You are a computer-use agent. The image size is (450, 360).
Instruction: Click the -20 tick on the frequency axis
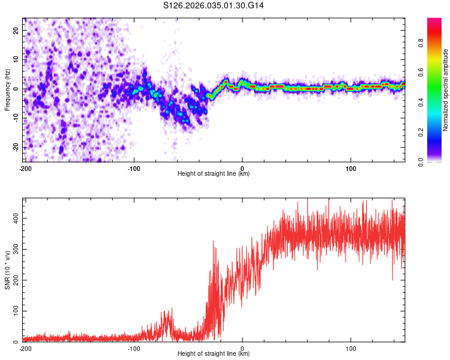click(x=16, y=147)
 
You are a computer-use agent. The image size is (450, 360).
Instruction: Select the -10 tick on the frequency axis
click(x=16, y=118)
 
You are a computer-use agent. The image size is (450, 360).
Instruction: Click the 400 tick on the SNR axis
click(x=14, y=218)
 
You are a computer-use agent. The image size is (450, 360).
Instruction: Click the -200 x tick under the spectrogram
click(x=25, y=167)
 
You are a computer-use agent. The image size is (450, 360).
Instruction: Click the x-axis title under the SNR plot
click(x=214, y=354)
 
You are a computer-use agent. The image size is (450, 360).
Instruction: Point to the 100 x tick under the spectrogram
click(x=350, y=167)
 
